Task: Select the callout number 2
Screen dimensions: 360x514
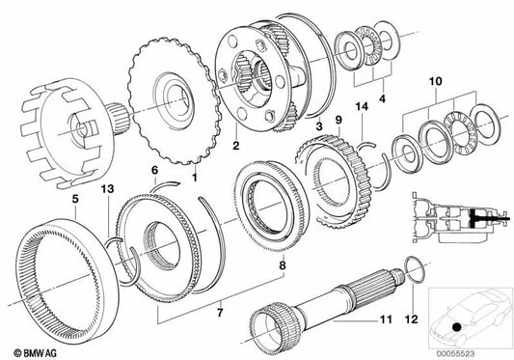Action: pos(234,146)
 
